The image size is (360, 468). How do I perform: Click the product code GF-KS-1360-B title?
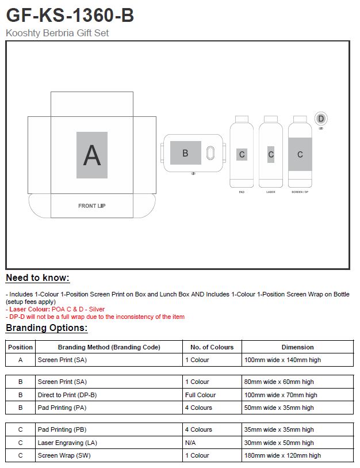point(70,15)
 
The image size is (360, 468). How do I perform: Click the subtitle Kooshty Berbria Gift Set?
point(57,33)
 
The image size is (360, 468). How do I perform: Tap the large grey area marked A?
point(92,155)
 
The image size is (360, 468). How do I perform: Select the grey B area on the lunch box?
point(185,153)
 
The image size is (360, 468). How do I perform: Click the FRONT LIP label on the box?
point(92,206)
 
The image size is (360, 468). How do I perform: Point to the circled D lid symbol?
point(321,119)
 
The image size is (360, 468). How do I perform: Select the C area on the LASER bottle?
point(271,154)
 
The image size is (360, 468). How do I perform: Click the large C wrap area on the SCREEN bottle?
point(300,154)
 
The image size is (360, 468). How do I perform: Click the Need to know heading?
point(37,278)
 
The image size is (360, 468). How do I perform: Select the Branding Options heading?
point(47,328)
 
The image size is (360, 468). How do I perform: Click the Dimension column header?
point(297,347)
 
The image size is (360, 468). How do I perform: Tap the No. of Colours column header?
point(212,347)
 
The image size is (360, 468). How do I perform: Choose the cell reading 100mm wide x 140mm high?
point(282,360)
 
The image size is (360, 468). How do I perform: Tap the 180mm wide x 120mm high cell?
point(282,455)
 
